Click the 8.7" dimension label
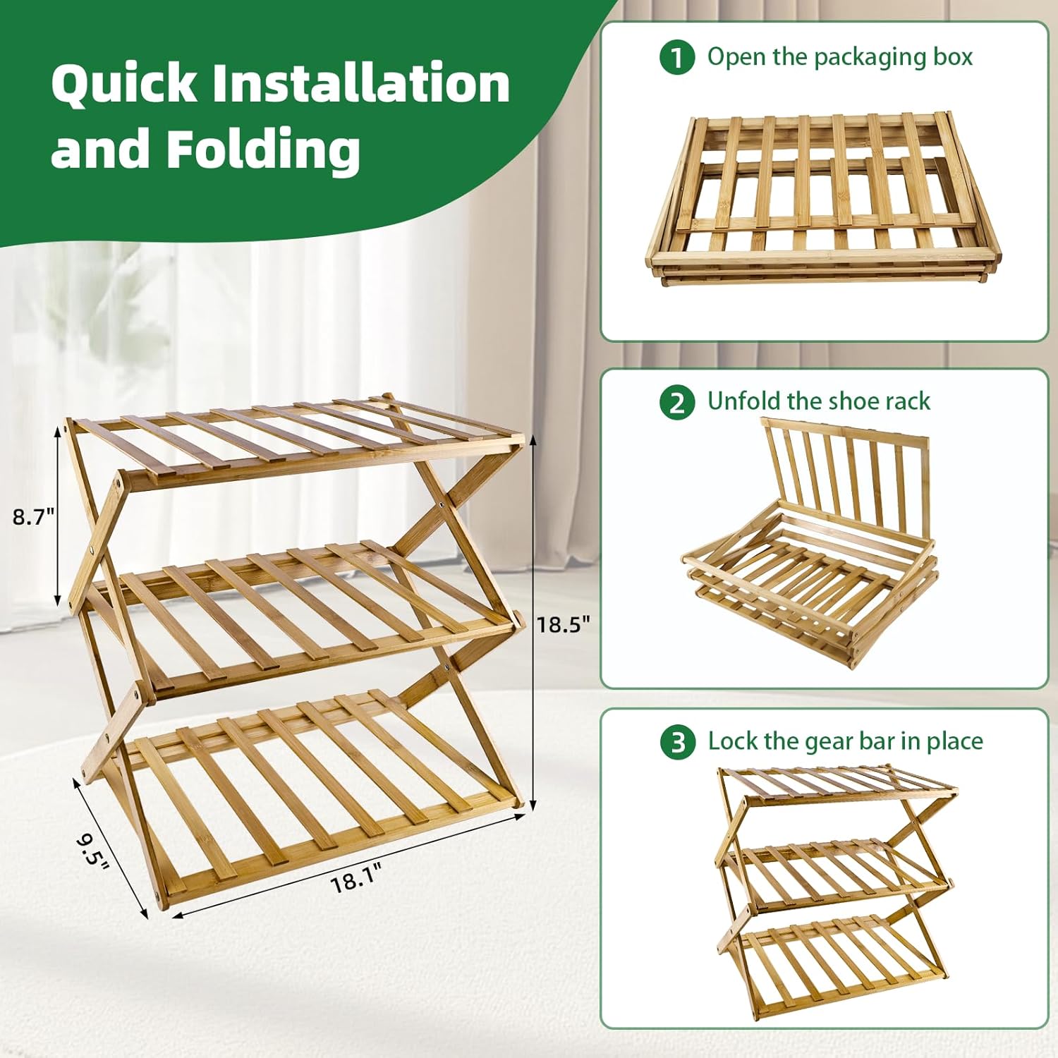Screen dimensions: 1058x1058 tap(33, 517)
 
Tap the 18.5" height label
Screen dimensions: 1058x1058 tap(563, 624)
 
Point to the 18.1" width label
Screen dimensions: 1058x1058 tap(355, 880)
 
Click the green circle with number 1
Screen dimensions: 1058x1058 tap(677, 57)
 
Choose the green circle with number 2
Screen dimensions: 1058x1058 tap(677, 402)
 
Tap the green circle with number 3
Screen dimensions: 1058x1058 tap(677, 743)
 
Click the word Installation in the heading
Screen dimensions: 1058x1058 tap(360, 83)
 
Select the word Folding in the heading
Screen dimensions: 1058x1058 tap(263, 149)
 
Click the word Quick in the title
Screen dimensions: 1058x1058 tap(124, 83)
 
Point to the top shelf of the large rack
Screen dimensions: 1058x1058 tap(296, 437)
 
